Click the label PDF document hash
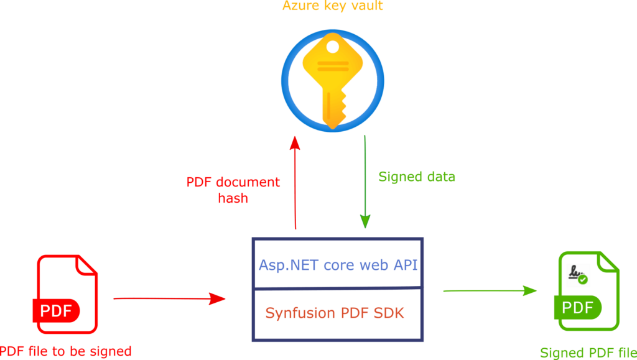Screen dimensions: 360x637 (x=233, y=190)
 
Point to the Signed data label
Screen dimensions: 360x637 (x=417, y=177)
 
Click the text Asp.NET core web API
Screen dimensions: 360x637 (x=338, y=265)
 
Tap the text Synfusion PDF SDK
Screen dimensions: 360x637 (x=335, y=313)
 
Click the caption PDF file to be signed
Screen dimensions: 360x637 (x=66, y=351)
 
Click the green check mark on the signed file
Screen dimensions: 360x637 (x=583, y=280)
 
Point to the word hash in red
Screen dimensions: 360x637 (x=233, y=198)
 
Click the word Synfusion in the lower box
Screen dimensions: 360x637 (x=300, y=313)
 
